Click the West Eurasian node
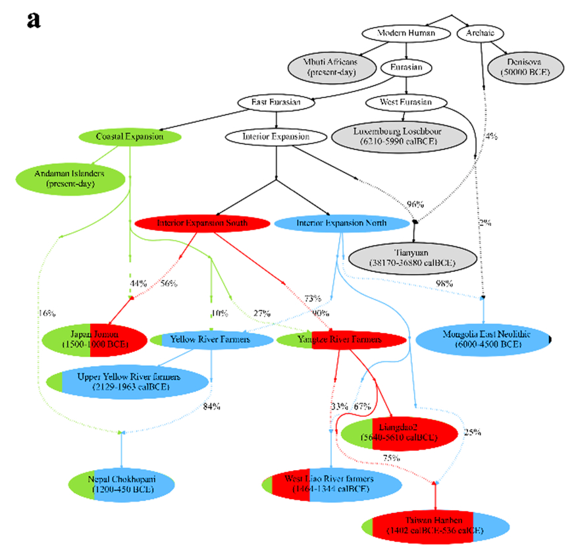pyautogui.click(x=406, y=102)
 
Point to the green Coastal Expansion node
pyautogui.click(x=130, y=136)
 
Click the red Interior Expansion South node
pyautogui.click(x=202, y=223)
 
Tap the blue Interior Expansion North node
pyautogui.click(x=341, y=223)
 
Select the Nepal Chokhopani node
pyautogui.click(x=121, y=484)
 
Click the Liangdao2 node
pyautogui.click(x=398, y=432)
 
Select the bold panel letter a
pyautogui.click(x=34, y=20)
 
